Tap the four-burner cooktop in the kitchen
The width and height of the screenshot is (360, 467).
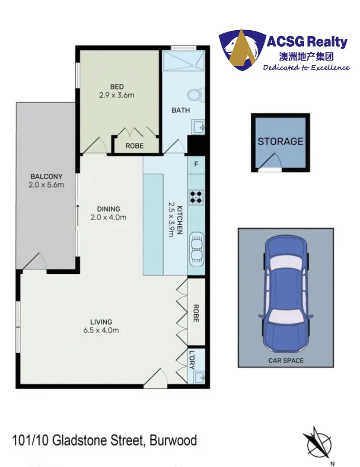click(x=196, y=197)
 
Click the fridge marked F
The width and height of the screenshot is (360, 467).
click(x=196, y=164)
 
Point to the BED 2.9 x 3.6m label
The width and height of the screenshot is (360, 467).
click(x=116, y=91)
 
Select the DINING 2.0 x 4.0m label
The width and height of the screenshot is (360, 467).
click(x=108, y=213)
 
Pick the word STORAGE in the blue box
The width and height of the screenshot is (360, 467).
click(x=280, y=141)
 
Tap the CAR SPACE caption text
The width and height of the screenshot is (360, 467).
click(x=285, y=360)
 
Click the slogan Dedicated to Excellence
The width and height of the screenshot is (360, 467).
click(x=306, y=67)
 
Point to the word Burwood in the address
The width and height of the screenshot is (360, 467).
click(x=173, y=441)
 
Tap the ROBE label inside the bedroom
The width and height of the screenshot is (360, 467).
click(x=134, y=146)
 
